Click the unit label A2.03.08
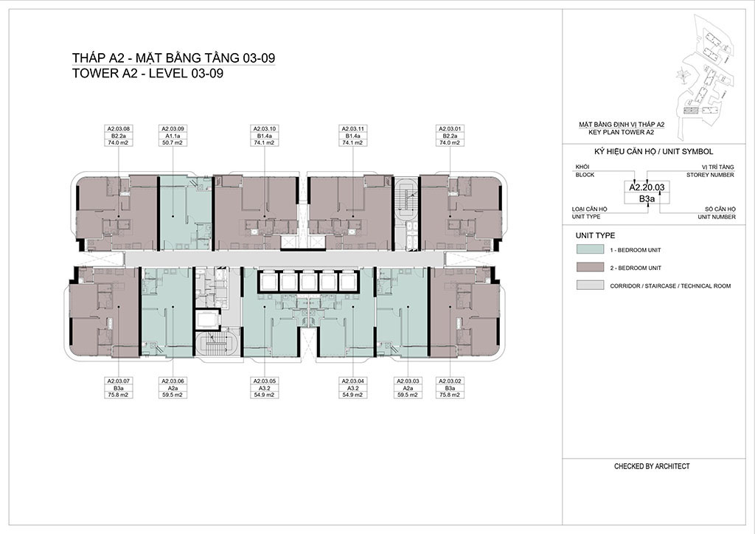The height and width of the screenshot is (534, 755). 118,128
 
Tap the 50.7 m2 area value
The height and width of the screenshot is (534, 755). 173,143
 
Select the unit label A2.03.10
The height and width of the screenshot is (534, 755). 263,128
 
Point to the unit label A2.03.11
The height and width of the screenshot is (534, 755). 352,128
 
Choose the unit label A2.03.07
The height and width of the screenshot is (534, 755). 118,381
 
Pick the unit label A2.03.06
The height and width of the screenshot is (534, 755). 173,381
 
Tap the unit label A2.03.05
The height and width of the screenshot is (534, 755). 263,381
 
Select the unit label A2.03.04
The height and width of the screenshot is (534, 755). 352,381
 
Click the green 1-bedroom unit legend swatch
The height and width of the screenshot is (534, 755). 591,250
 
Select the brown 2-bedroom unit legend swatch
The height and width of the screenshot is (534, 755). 591,268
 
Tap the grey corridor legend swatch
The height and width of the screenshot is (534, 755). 591,285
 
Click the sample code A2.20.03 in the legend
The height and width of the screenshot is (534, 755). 647,187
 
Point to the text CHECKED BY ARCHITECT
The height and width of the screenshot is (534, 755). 652,466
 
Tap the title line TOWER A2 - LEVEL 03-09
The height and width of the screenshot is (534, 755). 147,73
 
